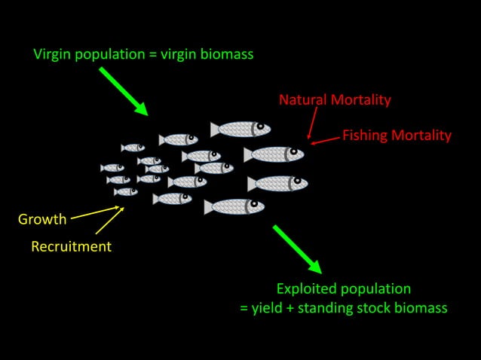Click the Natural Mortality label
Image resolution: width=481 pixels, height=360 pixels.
(x=335, y=99)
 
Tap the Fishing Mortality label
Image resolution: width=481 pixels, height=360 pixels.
(x=397, y=136)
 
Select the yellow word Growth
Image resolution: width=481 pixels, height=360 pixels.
(x=42, y=220)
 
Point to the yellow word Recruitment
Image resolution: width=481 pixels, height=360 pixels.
(x=71, y=246)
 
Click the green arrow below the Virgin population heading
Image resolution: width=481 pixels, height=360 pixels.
(x=123, y=90)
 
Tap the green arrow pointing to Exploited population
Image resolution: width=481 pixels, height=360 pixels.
(x=297, y=249)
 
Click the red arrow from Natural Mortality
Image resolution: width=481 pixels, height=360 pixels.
(x=311, y=122)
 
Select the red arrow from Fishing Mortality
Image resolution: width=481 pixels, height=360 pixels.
(x=325, y=139)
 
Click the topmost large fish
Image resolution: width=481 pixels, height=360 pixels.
(x=240, y=129)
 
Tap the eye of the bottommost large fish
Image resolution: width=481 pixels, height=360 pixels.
(x=253, y=205)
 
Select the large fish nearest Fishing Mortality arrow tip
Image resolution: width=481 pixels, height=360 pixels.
(x=274, y=154)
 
